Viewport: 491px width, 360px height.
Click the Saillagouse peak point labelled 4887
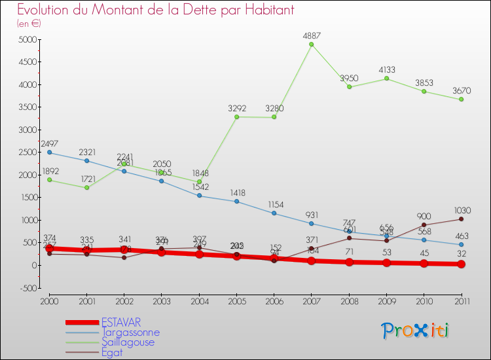point(311,45)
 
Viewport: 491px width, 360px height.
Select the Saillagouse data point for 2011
point(461,99)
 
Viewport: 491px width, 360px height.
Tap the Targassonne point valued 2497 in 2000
point(49,153)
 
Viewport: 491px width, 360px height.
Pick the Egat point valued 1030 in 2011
point(461,219)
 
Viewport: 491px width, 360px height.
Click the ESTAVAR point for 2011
point(461,264)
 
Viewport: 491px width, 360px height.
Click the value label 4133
point(386,70)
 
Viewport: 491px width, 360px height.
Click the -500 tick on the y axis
point(26,288)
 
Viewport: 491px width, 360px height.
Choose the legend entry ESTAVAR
point(120,322)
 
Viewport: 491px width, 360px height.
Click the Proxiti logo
point(415,331)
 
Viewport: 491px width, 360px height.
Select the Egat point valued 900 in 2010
point(424,225)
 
